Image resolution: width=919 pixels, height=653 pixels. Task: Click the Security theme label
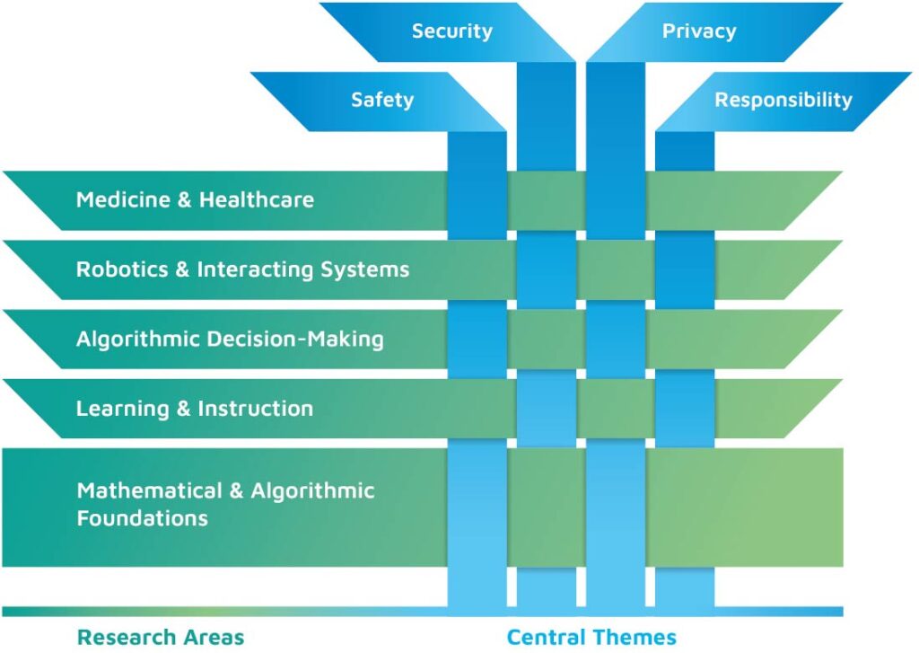[451, 31]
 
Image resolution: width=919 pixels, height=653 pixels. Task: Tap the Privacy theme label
[699, 31]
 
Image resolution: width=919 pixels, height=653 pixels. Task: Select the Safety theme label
[382, 100]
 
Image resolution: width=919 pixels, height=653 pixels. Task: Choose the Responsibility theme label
[783, 100]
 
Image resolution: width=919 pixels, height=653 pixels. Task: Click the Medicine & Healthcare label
[195, 199]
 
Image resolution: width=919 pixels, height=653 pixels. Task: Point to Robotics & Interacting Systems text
[242, 269]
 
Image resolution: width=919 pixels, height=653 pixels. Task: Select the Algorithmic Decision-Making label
[230, 340]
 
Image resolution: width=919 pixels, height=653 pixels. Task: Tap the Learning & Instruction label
[195, 409]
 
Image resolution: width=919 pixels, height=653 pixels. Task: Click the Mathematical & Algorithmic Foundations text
[225, 504]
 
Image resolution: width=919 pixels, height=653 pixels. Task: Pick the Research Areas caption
[161, 637]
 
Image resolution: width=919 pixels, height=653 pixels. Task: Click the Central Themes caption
[591, 637]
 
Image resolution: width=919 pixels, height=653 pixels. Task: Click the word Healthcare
[257, 199]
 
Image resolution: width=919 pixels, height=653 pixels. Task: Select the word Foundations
[142, 518]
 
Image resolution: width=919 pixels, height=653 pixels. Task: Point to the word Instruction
[256, 409]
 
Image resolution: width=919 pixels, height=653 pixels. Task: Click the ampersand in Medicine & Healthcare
[184, 199]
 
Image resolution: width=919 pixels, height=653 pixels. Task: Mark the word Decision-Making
[310, 340]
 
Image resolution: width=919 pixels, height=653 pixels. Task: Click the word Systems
[367, 269]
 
